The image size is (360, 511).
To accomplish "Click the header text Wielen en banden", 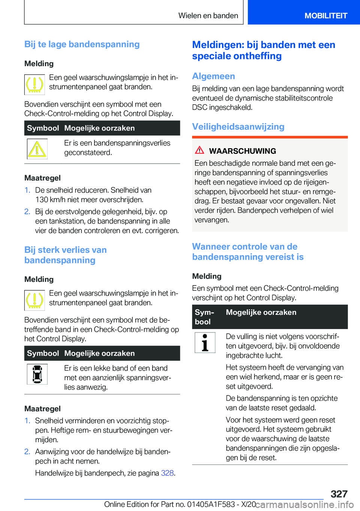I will click(x=208, y=16).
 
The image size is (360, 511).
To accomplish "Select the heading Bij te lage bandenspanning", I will click(x=82, y=44).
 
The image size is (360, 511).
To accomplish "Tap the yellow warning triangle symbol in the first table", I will click(x=37, y=149).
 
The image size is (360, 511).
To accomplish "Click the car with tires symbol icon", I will click(x=37, y=374).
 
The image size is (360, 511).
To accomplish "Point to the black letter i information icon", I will click(x=205, y=343).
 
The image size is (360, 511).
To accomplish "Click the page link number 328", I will click(x=167, y=473).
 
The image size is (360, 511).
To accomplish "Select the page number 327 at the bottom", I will click(x=339, y=494).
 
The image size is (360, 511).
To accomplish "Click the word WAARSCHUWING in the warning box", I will click(x=242, y=151).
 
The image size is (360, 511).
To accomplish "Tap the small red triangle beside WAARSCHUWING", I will click(x=199, y=150).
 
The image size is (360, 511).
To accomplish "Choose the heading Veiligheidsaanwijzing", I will click(x=238, y=127).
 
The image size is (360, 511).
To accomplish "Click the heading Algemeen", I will click(x=213, y=76).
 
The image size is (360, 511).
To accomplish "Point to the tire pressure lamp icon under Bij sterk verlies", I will click(x=34, y=300).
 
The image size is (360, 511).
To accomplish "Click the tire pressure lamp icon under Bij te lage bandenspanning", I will click(x=34, y=84).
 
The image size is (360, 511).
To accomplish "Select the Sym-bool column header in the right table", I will click(x=204, y=317).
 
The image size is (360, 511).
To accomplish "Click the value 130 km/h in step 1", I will click(x=50, y=200).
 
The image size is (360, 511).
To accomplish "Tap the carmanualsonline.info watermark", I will click(x=304, y=504).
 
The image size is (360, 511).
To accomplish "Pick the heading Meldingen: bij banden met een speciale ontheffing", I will click(x=264, y=50).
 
